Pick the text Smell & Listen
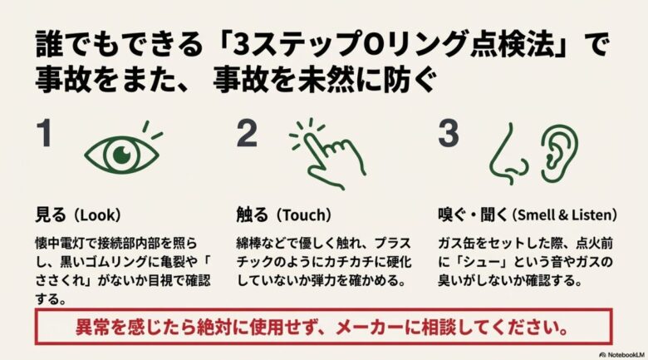[x=564, y=215]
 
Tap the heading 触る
[x=252, y=214]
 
